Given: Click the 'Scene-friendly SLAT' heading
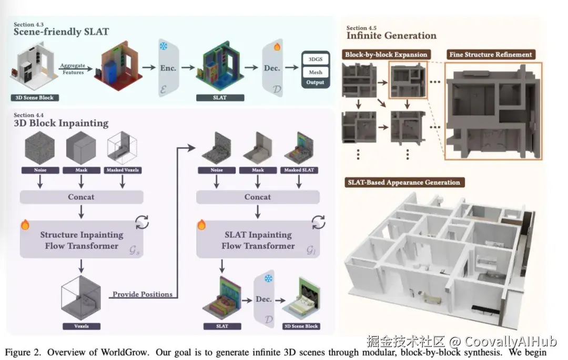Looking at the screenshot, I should pyautogui.click(x=62, y=32).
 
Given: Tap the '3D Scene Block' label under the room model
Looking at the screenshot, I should pyautogui.click(x=35, y=97).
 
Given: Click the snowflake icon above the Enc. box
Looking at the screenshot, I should pyautogui.click(x=163, y=46).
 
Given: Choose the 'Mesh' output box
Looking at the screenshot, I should pyautogui.click(x=315, y=72).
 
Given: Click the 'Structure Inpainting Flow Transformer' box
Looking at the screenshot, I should pyautogui.click(x=82, y=240).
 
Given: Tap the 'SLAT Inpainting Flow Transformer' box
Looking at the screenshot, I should pyautogui.click(x=257, y=240).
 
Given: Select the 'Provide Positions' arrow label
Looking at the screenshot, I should pyautogui.click(x=143, y=294).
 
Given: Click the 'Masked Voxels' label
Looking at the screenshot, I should pyautogui.click(x=123, y=170).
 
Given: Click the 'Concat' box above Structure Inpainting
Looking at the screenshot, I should pyautogui.click(x=82, y=197).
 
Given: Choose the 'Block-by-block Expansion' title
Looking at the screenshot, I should pyautogui.click(x=386, y=54).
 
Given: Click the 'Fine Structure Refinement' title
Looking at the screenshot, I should pyautogui.click(x=491, y=54).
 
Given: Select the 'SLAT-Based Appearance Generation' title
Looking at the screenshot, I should pyautogui.click(x=403, y=183).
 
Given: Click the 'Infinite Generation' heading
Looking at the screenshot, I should pyautogui.click(x=391, y=36).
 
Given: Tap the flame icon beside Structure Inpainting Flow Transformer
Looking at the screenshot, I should pyautogui.click(x=25, y=225).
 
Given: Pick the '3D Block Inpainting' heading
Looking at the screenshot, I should pyautogui.click(x=61, y=124).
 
